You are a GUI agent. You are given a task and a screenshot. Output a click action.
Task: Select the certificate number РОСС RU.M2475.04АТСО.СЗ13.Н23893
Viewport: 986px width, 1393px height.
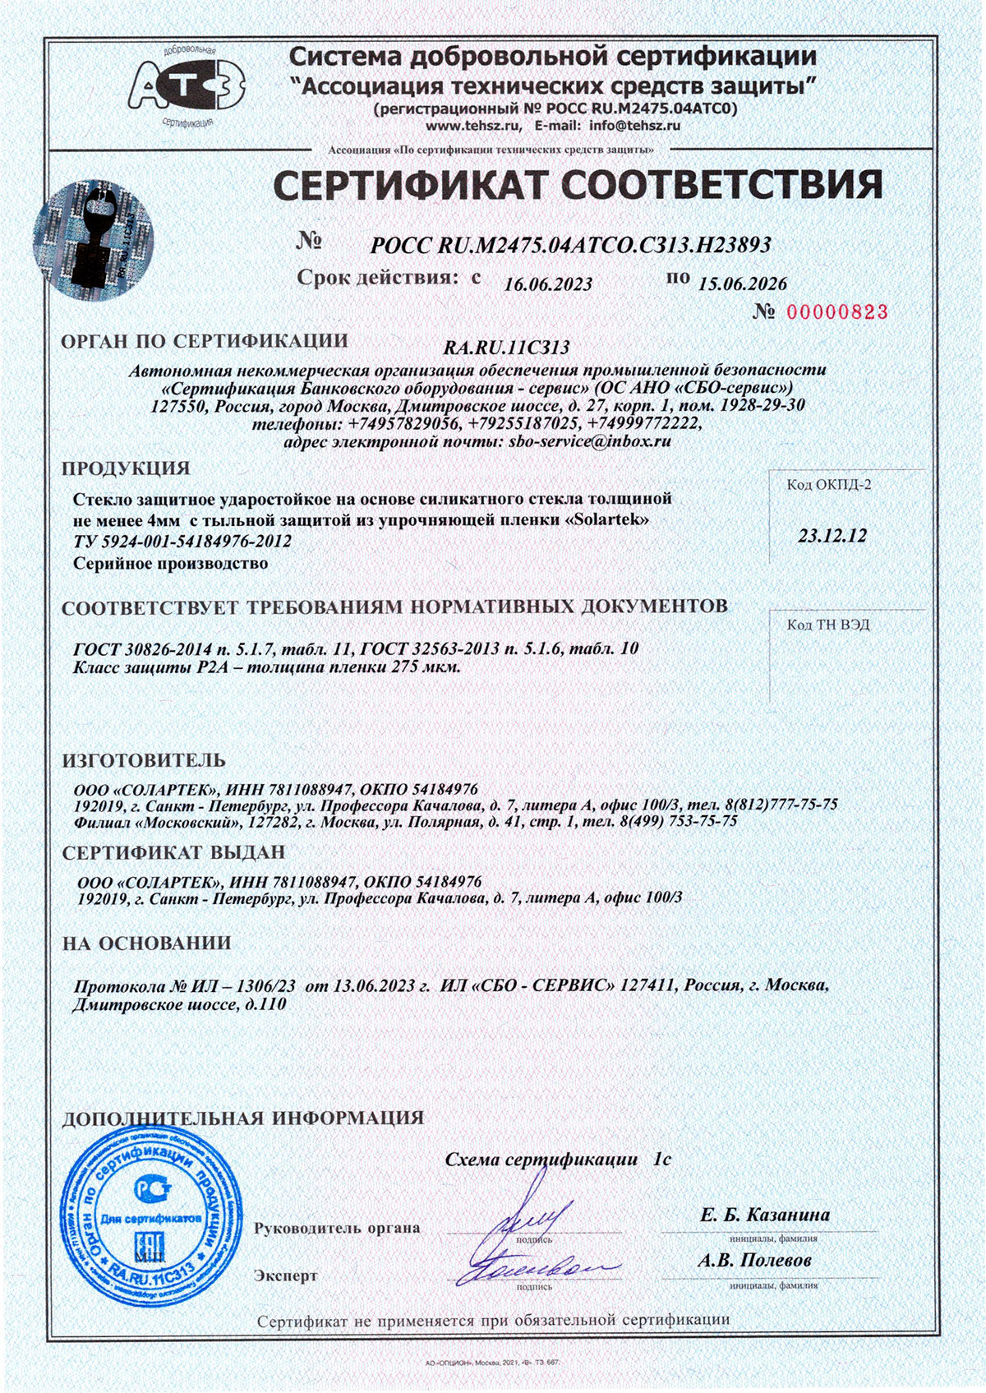[x=570, y=244]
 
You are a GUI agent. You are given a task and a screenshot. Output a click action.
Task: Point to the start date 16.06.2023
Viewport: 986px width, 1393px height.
[x=548, y=284]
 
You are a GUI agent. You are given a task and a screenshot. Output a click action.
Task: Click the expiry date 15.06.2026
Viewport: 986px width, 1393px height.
[x=742, y=284]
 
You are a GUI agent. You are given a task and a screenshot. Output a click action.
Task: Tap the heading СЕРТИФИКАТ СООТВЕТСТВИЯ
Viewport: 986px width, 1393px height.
[x=578, y=185]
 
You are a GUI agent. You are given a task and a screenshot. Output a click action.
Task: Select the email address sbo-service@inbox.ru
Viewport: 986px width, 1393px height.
[x=591, y=441]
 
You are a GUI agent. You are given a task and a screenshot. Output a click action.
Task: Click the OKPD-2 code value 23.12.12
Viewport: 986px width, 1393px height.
[x=832, y=536]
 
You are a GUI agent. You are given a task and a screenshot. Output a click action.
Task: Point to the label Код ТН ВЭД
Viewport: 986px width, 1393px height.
[x=827, y=625]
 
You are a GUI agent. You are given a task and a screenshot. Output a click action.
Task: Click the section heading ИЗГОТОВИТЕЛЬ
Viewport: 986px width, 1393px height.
[x=144, y=759]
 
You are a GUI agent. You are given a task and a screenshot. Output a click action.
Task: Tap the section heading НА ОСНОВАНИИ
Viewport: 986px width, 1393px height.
[x=146, y=943]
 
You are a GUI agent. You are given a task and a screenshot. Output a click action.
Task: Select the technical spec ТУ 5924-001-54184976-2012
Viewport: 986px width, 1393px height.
[x=182, y=542]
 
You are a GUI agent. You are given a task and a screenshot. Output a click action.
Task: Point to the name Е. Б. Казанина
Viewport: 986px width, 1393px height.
[x=764, y=1215]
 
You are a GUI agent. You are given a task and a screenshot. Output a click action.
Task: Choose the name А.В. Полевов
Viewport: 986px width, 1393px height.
[x=754, y=1259]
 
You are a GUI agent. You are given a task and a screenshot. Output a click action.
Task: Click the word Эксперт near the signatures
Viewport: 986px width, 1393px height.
[x=285, y=1275]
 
